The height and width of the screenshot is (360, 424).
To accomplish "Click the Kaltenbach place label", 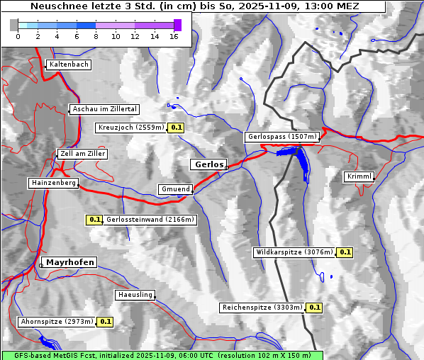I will click(69, 64).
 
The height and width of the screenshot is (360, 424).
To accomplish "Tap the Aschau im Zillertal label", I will click(105, 109).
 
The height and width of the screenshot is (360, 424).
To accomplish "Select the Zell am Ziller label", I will click(83, 154).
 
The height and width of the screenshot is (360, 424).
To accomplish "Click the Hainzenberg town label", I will click(53, 183).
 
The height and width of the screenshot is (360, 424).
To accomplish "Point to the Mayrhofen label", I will click(70, 262).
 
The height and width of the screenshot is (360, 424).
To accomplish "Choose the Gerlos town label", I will click(208, 164).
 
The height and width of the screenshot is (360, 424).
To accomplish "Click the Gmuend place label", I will click(175, 189).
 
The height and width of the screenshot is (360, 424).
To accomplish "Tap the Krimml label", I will click(359, 176).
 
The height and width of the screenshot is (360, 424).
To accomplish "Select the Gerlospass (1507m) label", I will click(281, 137).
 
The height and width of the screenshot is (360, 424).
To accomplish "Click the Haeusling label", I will click(135, 295).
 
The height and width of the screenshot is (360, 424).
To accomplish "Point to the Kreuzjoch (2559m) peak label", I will click(131, 128).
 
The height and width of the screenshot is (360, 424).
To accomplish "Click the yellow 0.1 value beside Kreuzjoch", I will click(177, 128).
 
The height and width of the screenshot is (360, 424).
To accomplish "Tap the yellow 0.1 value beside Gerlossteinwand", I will click(94, 220).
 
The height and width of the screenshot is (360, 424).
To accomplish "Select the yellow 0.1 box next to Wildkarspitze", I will click(345, 252).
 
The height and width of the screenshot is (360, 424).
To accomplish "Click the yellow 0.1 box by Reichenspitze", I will click(314, 308).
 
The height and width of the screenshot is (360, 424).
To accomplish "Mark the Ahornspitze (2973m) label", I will click(57, 322).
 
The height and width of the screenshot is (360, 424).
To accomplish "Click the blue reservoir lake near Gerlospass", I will click(303, 162).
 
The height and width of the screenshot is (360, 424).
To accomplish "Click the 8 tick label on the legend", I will click(96, 35).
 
